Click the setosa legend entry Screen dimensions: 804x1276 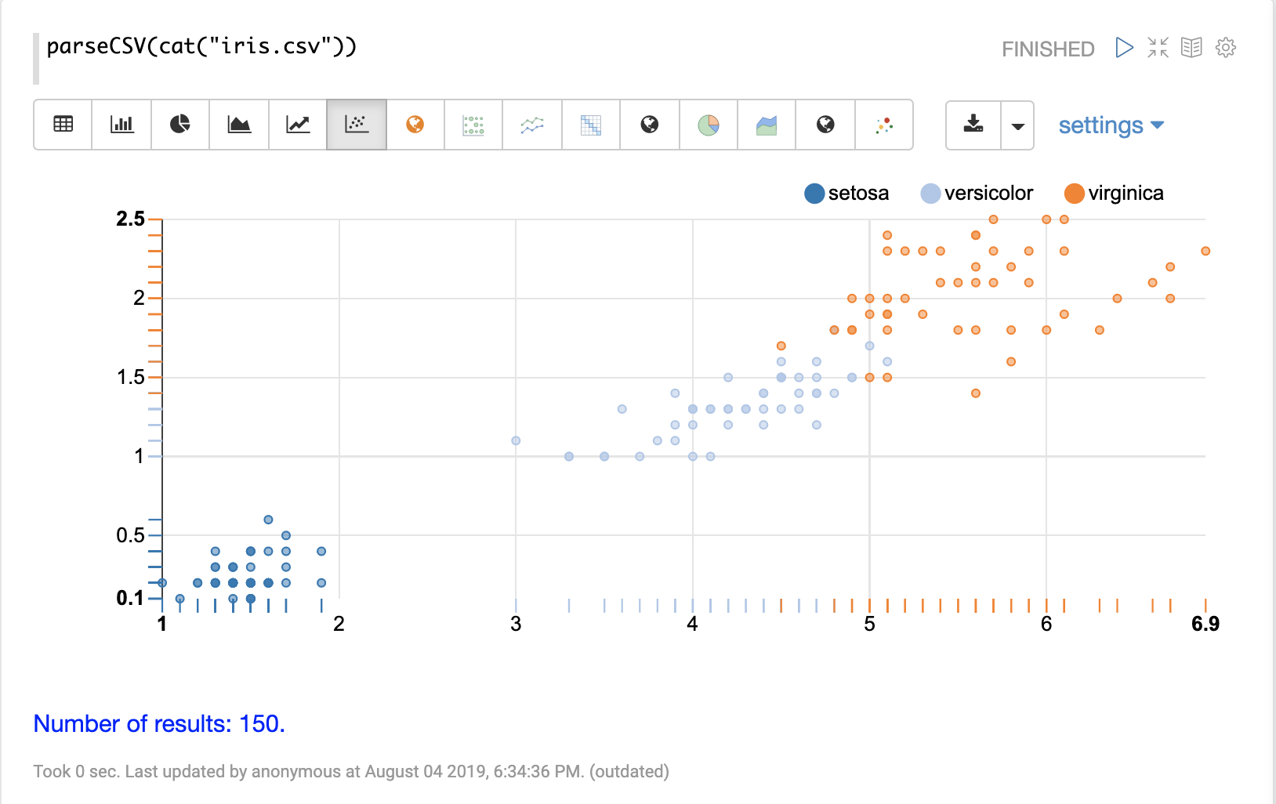coord(847,194)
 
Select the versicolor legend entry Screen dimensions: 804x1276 coord(977,194)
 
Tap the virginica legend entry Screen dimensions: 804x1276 coord(1114,194)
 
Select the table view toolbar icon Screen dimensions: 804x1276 coord(63,125)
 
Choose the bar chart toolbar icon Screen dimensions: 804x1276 coord(121,125)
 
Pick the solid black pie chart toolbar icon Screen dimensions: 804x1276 coord(180,125)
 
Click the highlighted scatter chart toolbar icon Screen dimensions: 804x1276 coord(357,125)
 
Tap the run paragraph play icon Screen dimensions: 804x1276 coord(1124,48)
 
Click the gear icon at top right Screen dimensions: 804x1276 coord(1226,48)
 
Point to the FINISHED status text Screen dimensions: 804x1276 coord(1048,49)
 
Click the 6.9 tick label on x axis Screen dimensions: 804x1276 coord(1205,624)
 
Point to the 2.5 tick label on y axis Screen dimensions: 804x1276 coord(131,219)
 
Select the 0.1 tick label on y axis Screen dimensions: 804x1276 coord(131,598)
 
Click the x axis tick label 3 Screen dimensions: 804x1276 coord(516,624)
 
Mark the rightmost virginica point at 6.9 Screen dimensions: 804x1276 coord(1205,252)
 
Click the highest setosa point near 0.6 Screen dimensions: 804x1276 coord(268,520)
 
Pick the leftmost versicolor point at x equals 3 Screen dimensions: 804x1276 coord(516,440)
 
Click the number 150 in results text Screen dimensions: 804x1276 coord(259,723)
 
